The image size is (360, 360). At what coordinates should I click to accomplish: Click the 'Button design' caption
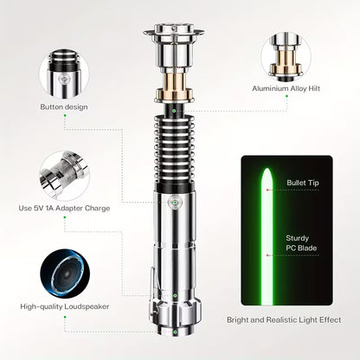pos(65,107)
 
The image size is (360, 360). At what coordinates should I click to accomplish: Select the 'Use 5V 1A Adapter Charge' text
pos(65,208)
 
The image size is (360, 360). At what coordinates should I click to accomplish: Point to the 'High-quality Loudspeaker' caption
pos(65,306)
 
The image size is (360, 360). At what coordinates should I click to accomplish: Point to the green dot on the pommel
pos(175,294)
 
